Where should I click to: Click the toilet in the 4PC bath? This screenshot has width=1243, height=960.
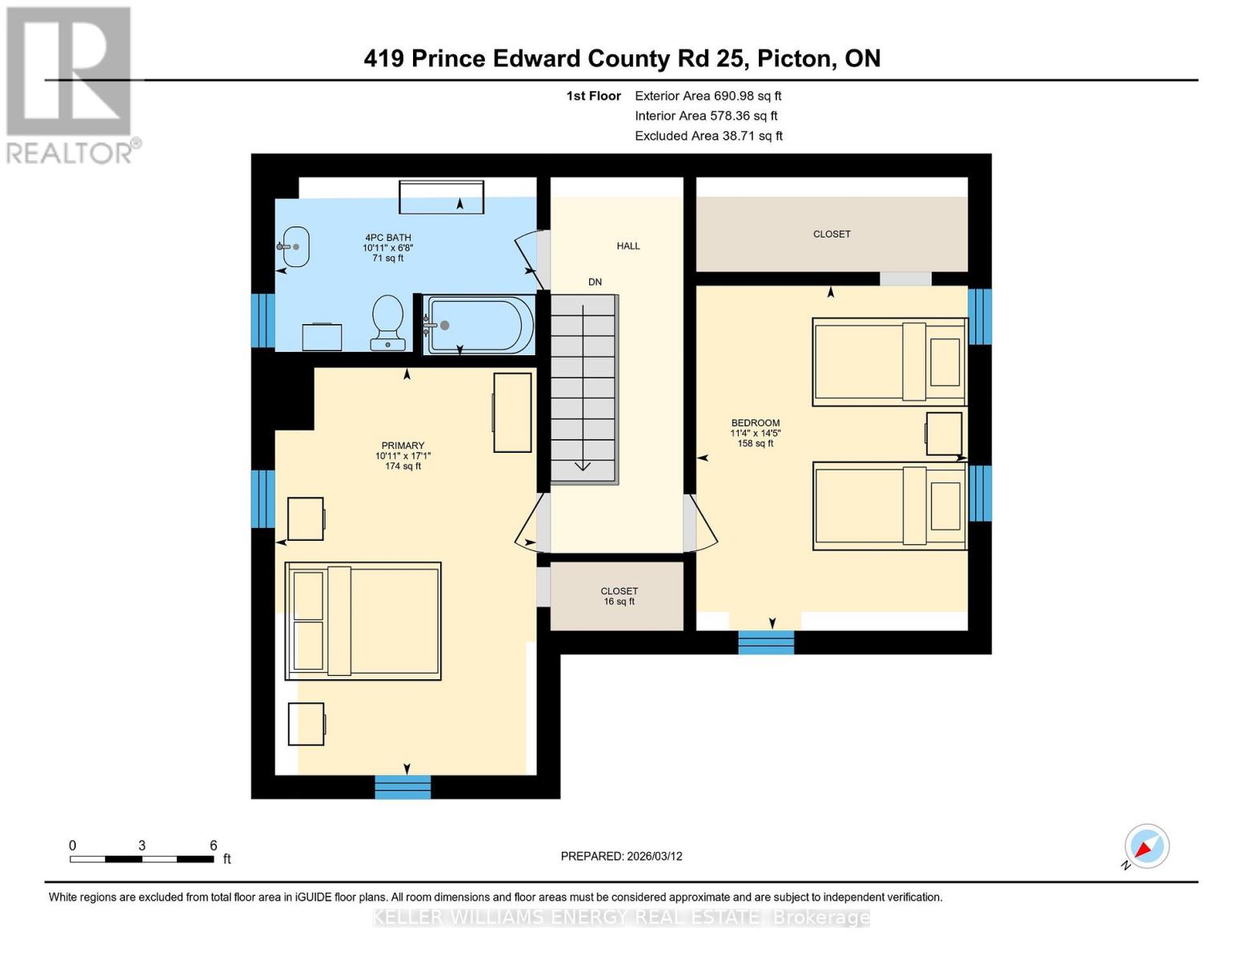point(387,322)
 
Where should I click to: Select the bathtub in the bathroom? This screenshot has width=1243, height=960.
point(478,325)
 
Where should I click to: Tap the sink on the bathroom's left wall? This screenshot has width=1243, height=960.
point(295,246)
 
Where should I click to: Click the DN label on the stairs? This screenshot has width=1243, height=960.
point(595,282)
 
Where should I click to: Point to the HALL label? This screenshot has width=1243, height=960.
point(628,246)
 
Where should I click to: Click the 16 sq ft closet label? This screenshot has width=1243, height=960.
point(619,596)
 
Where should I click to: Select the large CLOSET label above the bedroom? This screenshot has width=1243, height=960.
point(832,234)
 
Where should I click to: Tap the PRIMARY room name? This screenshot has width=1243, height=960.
point(403,446)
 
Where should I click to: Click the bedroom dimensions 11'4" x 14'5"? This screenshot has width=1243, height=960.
point(755,433)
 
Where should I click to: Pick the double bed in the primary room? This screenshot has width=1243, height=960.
point(363,621)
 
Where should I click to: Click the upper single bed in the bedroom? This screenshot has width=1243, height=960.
point(889,362)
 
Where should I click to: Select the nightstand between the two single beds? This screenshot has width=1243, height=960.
point(944,434)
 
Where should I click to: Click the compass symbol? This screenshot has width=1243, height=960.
point(1146,846)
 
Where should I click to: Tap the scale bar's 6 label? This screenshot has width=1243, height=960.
point(214,845)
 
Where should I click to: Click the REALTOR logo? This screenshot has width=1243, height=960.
point(70,84)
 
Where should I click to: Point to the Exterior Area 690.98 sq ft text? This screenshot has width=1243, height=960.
point(708,95)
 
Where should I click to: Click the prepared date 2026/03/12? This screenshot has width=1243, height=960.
point(654,856)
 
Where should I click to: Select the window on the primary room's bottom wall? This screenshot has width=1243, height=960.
point(403,786)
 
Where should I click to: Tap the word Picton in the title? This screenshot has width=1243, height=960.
point(795,58)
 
